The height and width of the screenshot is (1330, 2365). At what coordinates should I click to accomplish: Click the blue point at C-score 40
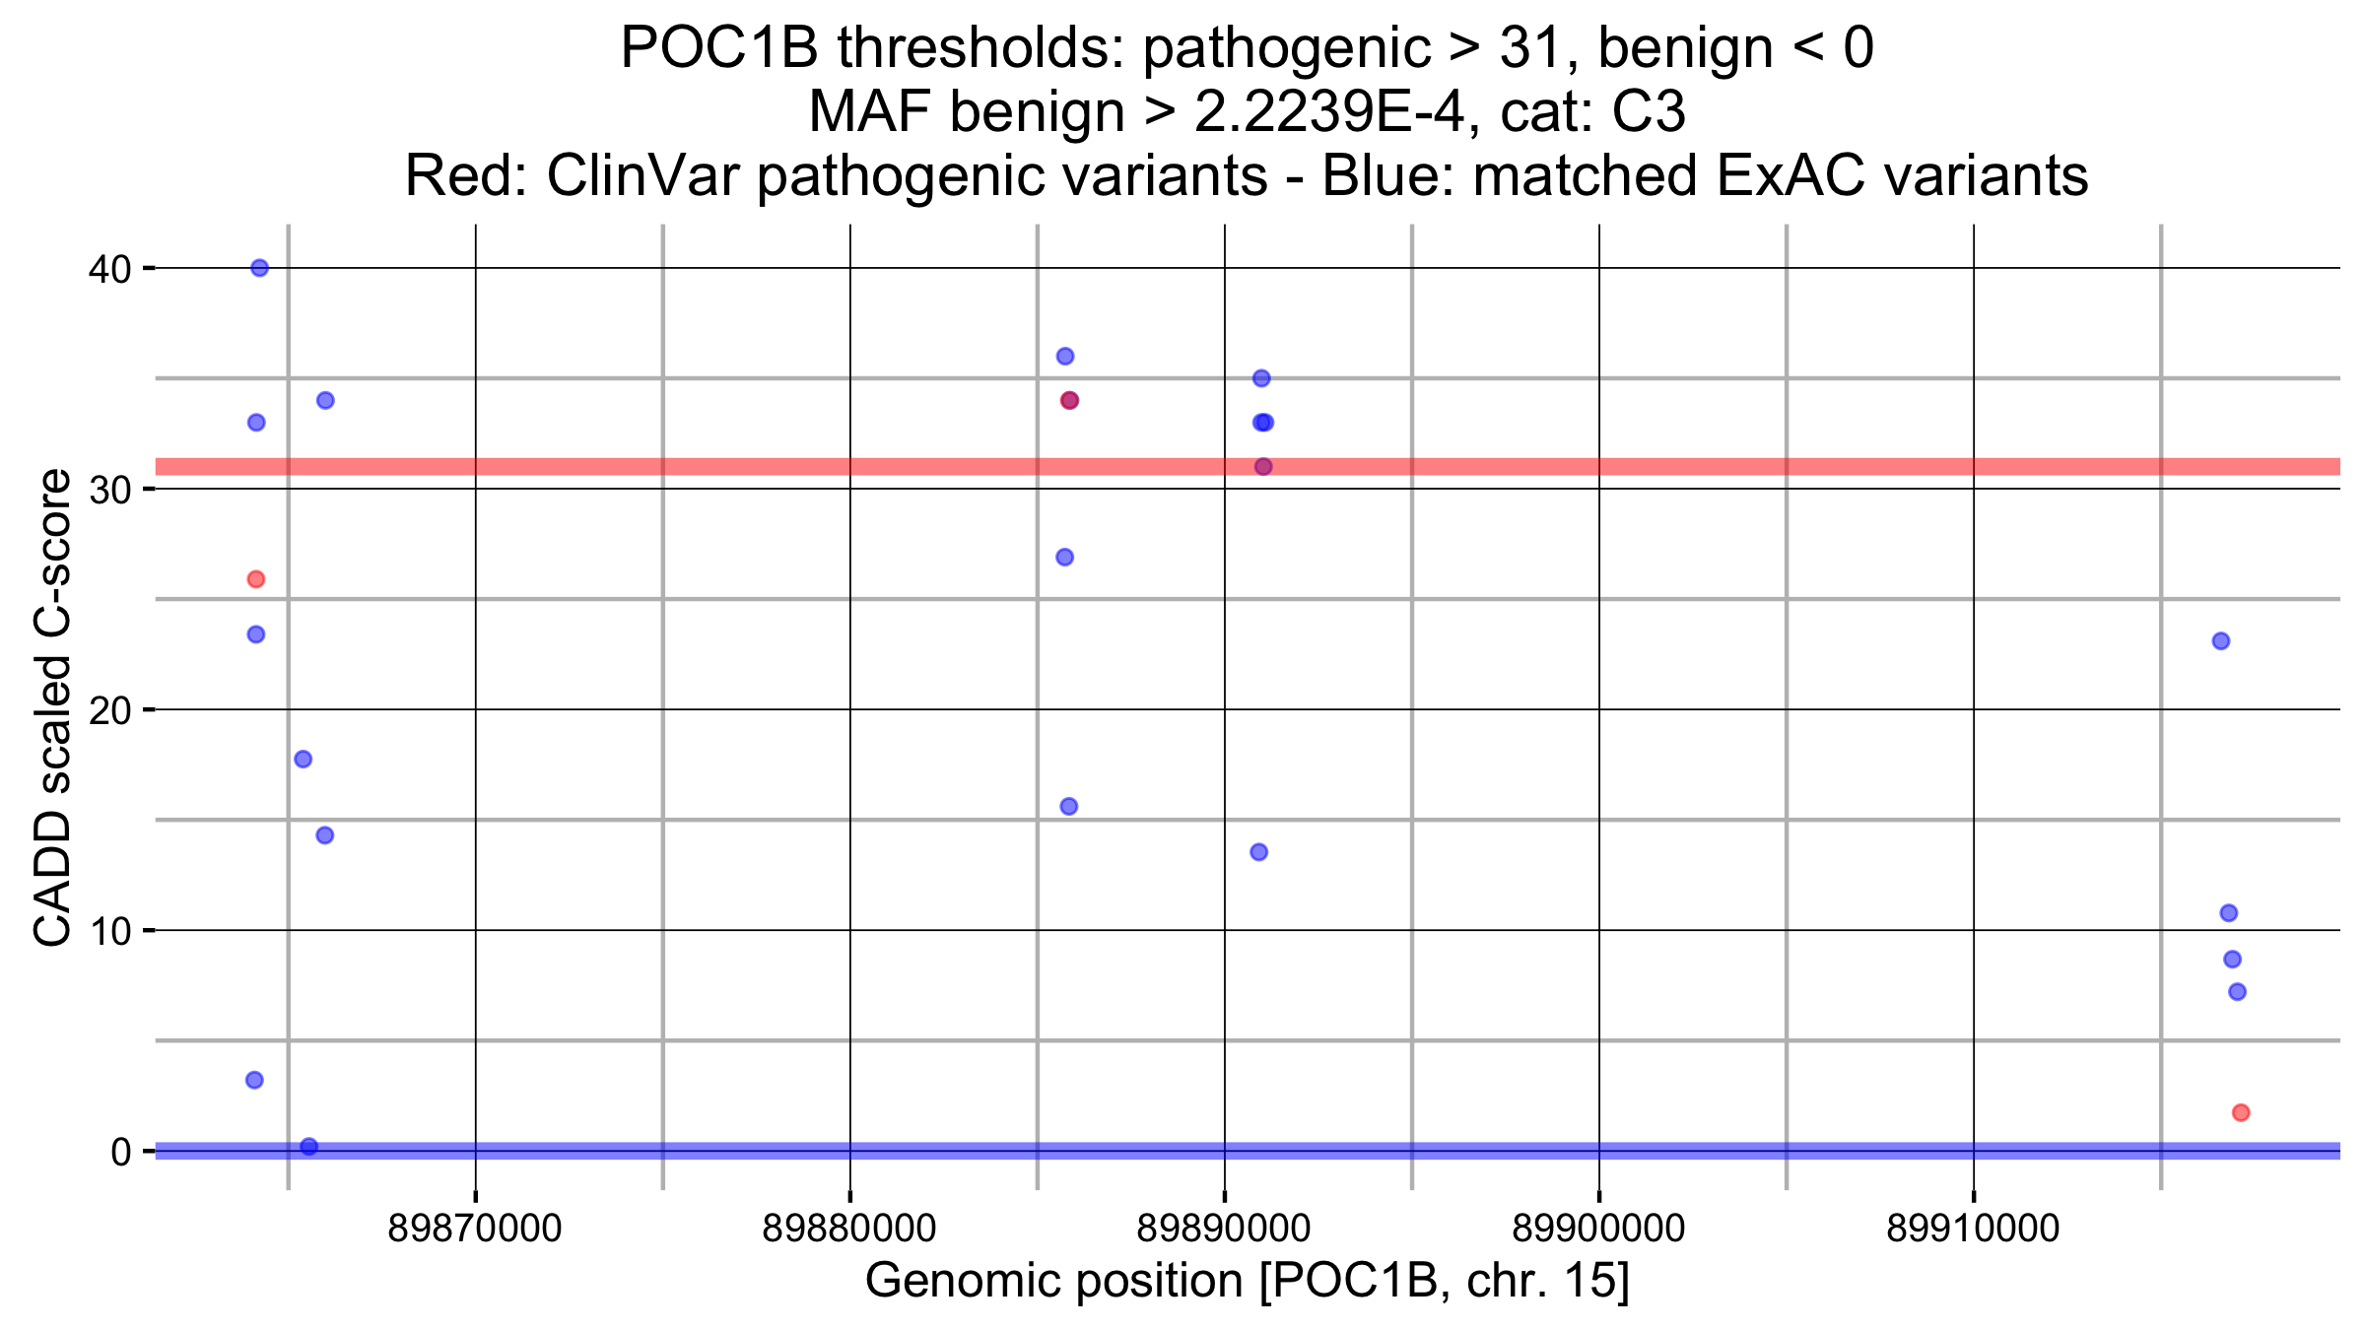tap(259, 268)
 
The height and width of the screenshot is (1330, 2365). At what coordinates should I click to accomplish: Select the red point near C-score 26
tap(256, 579)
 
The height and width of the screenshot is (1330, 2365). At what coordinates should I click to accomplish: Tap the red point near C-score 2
tap(2241, 1113)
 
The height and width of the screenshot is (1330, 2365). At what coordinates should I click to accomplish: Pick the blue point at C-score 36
tap(1065, 357)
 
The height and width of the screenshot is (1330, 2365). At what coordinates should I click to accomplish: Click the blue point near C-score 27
tap(1065, 558)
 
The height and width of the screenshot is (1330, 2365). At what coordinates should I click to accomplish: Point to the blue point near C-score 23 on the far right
tap(2221, 641)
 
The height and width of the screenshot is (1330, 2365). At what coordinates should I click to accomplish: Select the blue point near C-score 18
tap(304, 760)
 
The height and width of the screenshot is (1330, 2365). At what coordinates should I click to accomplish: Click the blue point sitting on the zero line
tap(309, 1147)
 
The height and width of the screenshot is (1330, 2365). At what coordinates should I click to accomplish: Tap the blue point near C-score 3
tap(254, 1081)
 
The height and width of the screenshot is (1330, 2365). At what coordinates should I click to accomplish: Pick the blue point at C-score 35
tap(1261, 378)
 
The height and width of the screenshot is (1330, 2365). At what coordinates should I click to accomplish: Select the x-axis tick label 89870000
tap(475, 1229)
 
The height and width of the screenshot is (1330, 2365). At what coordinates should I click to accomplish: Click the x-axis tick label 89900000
tap(1598, 1229)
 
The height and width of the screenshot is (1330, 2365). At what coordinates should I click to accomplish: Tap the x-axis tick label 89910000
tap(1973, 1229)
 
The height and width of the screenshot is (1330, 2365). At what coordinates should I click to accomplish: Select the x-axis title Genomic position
tap(1247, 1281)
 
